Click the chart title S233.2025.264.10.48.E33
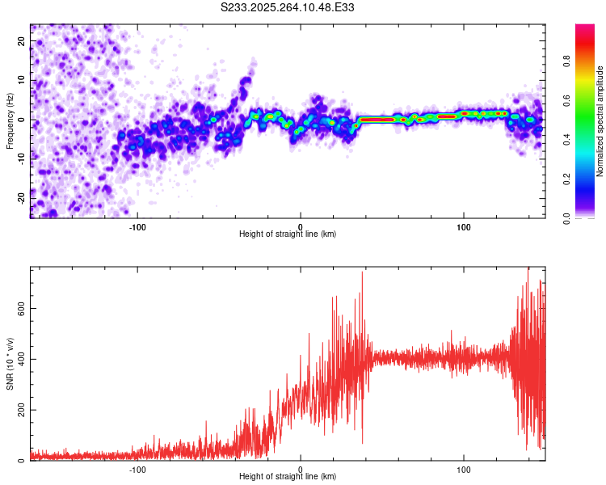pos(288,7)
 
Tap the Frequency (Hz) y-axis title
pos(11,120)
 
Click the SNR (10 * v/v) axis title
pos(11,364)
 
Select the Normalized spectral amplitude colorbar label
pos(600,121)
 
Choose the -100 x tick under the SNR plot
pos(137,468)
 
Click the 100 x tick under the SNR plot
pos(464,468)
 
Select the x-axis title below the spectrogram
pos(288,234)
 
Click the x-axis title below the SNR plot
pos(288,477)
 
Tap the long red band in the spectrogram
pos(377,119)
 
